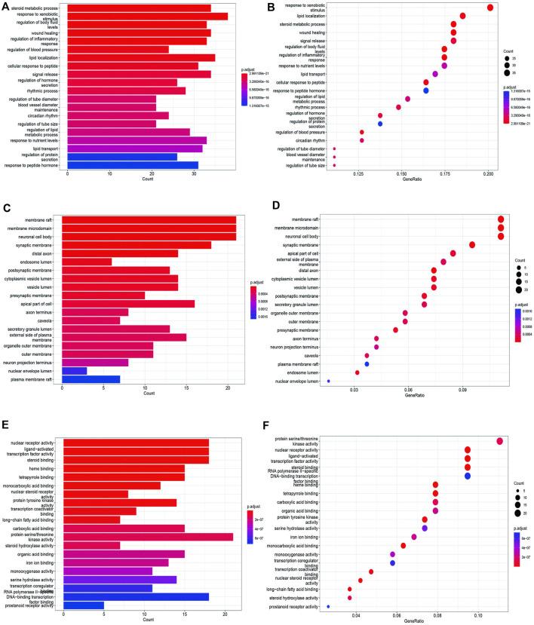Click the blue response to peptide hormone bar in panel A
tap(133, 165)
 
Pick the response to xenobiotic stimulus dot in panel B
tap(490, 8)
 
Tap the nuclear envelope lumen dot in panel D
tap(329, 381)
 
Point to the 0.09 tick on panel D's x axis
tap(463, 390)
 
